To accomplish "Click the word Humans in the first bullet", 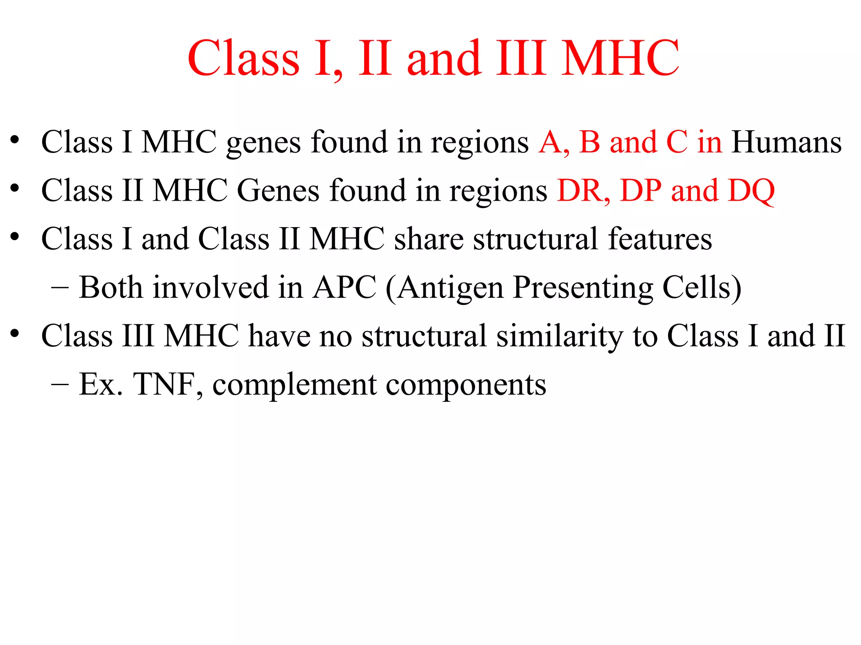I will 787,142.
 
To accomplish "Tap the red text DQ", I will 751,191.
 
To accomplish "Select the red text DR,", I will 584,191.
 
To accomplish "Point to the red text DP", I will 640,191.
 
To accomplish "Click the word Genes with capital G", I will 278,191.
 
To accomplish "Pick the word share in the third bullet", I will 428,239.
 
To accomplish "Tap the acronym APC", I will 344,288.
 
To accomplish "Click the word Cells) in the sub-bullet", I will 702,288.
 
